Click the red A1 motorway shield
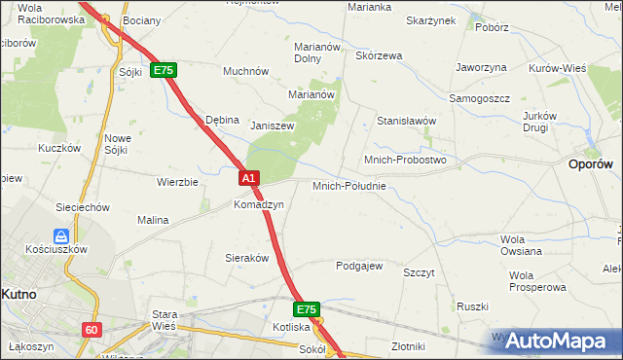[x=248, y=178]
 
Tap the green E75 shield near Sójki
[x=164, y=71]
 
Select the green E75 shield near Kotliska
[x=307, y=309]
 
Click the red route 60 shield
[x=92, y=330]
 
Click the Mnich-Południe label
[x=349, y=186]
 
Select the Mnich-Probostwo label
[x=404, y=160]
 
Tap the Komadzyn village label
[x=258, y=205]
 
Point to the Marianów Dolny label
[x=315, y=52]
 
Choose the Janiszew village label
[x=272, y=126]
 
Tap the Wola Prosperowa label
[x=536, y=281]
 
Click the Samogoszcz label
[x=480, y=98]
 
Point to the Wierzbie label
[x=177, y=182]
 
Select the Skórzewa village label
[x=379, y=55]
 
